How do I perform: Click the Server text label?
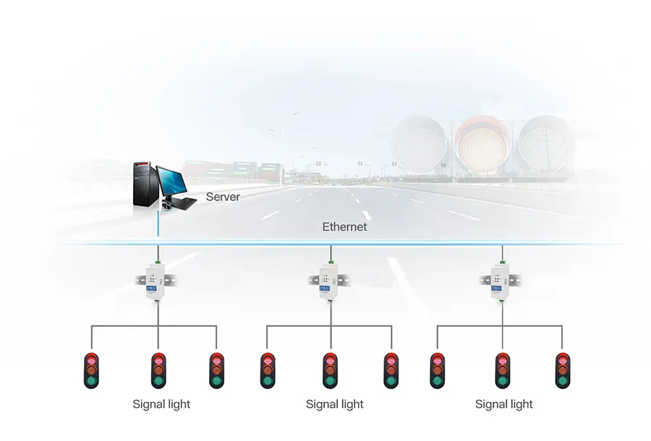point(223,197)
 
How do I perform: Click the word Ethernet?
point(344,227)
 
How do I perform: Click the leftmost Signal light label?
point(161,404)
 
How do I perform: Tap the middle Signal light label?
point(334,404)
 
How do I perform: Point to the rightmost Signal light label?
point(503,404)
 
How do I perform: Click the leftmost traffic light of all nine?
point(91,370)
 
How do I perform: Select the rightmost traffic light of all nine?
point(562,370)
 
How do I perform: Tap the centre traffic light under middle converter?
point(330,370)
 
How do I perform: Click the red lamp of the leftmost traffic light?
point(91,359)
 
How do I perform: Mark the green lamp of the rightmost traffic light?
point(562,381)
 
